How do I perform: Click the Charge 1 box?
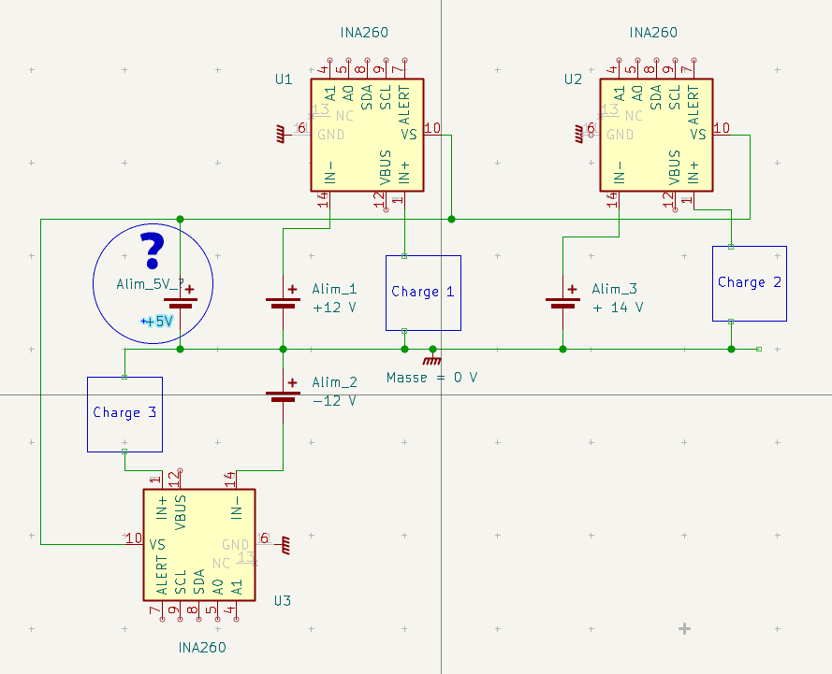pyautogui.click(x=423, y=293)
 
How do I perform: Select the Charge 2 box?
pyautogui.click(x=749, y=283)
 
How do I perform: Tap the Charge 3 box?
pyautogui.click(x=124, y=414)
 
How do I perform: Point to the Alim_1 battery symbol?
pyautogui.click(x=283, y=302)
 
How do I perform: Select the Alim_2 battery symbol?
pyautogui.click(x=283, y=394)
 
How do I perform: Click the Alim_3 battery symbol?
pyautogui.click(x=562, y=302)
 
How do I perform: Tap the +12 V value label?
pyautogui.click(x=334, y=308)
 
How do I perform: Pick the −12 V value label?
pyautogui.click(x=334, y=400)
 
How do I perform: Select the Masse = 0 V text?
pyautogui.click(x=431, y=378)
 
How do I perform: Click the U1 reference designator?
pyautogui.click(x=284, y=79)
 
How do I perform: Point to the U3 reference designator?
pyautogui.click(x=283, y=600)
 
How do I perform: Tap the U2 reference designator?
pyautogui.click(x=573, y=79)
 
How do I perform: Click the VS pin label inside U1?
pyautogui.click(x=409, y=135)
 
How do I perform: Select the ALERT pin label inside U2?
pyautogui.click(x=693, y=105)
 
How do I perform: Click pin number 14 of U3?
pyautogui.click(x=229, y=479)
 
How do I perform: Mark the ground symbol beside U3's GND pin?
pyautogui.click(x=285, y=541)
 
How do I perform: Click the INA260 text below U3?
pyautogui.click(x=202, y=647)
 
